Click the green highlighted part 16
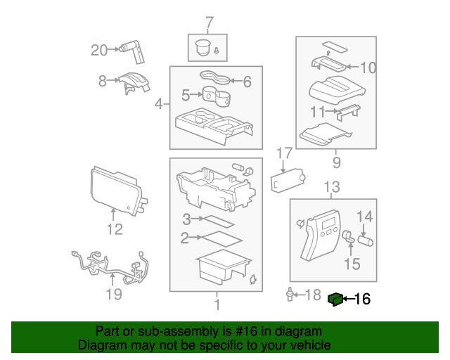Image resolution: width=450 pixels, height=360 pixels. coord(336,300)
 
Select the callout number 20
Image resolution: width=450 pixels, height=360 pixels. coord(100,50)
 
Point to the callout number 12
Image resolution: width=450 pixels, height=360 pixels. coord(114,229)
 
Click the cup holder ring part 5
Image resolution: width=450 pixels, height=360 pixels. coord(214,94)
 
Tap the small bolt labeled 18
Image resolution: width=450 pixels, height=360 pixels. coord(290,294)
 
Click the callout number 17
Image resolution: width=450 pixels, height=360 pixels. coord(283,153)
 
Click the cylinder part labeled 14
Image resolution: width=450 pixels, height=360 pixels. coord(366,240)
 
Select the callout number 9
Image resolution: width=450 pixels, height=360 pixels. coord(334,163)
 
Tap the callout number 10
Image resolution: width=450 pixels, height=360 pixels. coord(368,68)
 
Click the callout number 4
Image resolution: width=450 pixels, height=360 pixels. coord(158,105)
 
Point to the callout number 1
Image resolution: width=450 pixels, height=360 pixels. coord(217,304)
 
